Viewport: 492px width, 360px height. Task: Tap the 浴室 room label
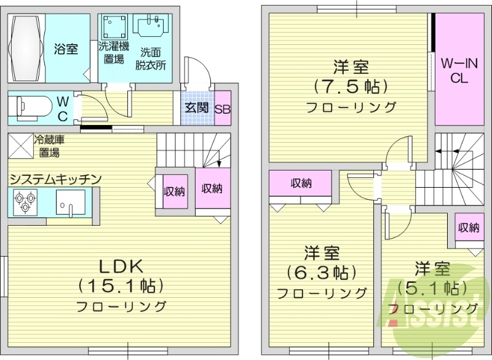coord(66,49)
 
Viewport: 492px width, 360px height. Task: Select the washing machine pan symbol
coord(114,27)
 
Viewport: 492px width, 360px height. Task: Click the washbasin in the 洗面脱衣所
coord(150,27)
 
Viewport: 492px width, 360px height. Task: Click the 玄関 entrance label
coord(197,108)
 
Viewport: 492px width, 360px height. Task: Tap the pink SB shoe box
coord(222,108)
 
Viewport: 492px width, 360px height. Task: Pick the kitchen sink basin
coord(69,202)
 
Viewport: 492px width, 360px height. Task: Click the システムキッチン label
coord(54,179)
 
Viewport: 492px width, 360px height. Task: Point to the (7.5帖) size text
coord(351,85)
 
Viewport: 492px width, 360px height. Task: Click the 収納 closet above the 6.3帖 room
coord(301,183)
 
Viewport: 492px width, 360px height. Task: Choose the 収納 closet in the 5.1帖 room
coord(469,228)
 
